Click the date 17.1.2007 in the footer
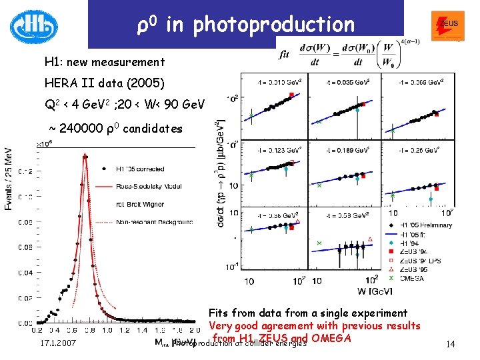(57, 343)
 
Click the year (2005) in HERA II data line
(145, 83)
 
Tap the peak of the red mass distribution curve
(85, 157)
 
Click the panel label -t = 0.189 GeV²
(347, 151)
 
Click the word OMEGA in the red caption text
(331, 338)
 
